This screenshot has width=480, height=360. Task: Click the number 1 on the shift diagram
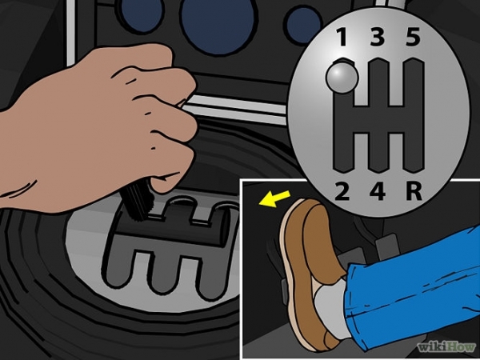coord(342,37)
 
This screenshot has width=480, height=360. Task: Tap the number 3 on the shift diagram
coord(377,37)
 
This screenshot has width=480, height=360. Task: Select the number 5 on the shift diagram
coord(413,37)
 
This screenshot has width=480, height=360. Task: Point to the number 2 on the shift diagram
coord(342,191)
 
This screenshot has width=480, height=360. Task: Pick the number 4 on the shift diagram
coord(378,191)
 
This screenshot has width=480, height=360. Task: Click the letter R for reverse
coord(414,191)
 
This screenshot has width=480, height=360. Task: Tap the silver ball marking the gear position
coord(342,78)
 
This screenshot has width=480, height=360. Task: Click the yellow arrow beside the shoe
coord(274,198)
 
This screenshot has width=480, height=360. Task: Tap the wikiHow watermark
coord(446,347)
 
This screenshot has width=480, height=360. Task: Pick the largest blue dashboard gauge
coord(218,26)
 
